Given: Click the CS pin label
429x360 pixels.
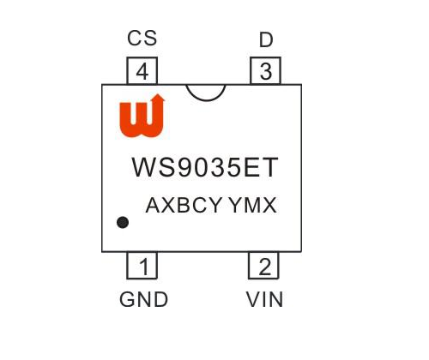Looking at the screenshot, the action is click(x=142, y=38).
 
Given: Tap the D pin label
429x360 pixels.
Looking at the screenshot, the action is click(x=266, y=39).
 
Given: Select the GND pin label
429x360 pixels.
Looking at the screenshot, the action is click(x=143, y=299).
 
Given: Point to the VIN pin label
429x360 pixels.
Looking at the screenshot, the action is click(x=264, y=299).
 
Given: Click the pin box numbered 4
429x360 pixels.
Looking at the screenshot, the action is click(x=142, y=70).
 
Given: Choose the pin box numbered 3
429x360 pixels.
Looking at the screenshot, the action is click(x=265, y=70).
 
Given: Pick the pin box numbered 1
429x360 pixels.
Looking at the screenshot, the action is click(x=142, y=266).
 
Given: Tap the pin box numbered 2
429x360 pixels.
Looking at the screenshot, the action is click(x=263, y=266).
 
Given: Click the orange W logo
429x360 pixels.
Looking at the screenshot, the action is click(x=142, y=116).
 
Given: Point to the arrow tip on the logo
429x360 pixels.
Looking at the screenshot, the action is click(x=158, y=94).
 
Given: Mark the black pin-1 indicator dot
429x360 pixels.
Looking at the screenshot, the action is click(x=123, y=222).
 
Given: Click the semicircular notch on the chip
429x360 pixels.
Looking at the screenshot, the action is click(x=206, y=100).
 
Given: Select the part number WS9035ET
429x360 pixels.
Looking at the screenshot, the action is click(x=205, y=167).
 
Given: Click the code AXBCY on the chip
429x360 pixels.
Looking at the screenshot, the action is click(x=184, y=205).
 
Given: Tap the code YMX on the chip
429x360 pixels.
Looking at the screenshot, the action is click(x=252, y=205).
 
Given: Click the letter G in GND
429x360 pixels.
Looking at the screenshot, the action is click(x=127, y=299).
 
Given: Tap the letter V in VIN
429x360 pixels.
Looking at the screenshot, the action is click(x=253, y=299).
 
